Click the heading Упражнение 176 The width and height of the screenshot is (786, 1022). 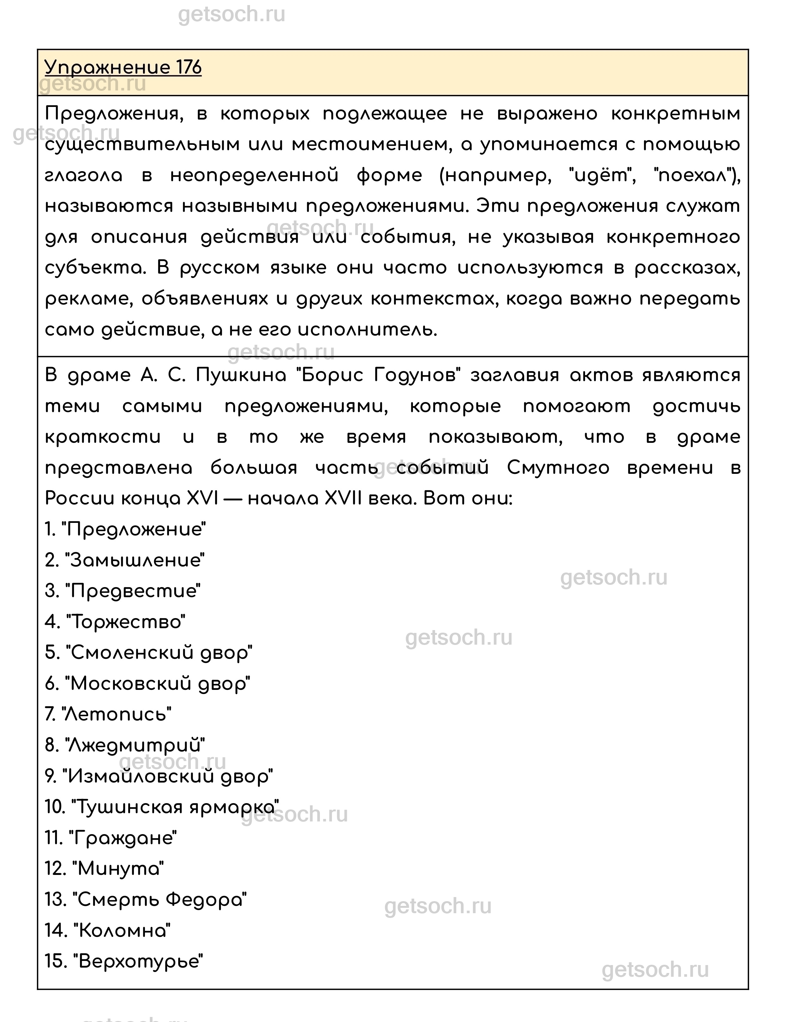(x=123, y=67)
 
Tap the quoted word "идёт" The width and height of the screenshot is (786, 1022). (x=602, y=176)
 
